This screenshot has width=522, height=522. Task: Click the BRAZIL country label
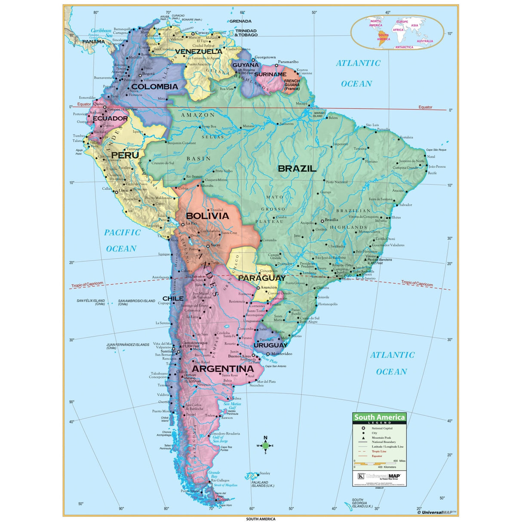pos(297,169)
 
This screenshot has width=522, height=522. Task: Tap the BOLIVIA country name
pos(207,216)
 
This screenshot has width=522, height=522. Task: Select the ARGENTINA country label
pos(223,369)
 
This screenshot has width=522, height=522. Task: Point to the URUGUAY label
pos(270,345)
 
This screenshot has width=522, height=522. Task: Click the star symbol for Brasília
pos(322,221)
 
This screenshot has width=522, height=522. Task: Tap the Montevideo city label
pos(282,354)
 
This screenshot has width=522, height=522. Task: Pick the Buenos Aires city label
pos(239,356)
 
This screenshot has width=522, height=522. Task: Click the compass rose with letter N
pos(265,445)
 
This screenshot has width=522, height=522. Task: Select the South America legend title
pos(379,417)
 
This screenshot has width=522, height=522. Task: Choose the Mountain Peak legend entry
pos(381,438)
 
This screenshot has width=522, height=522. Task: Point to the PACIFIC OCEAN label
pos(122,240)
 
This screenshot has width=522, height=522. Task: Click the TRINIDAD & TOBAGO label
pos(246,33)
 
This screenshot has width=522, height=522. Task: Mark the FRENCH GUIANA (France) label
pos(292,85)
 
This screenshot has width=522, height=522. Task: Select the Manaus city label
pos(248,126)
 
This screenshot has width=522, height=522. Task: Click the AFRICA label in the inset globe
pos(398,30)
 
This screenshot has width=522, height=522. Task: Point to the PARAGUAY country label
pos(261,278)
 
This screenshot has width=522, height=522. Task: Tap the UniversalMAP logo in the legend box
pos(379,476)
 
